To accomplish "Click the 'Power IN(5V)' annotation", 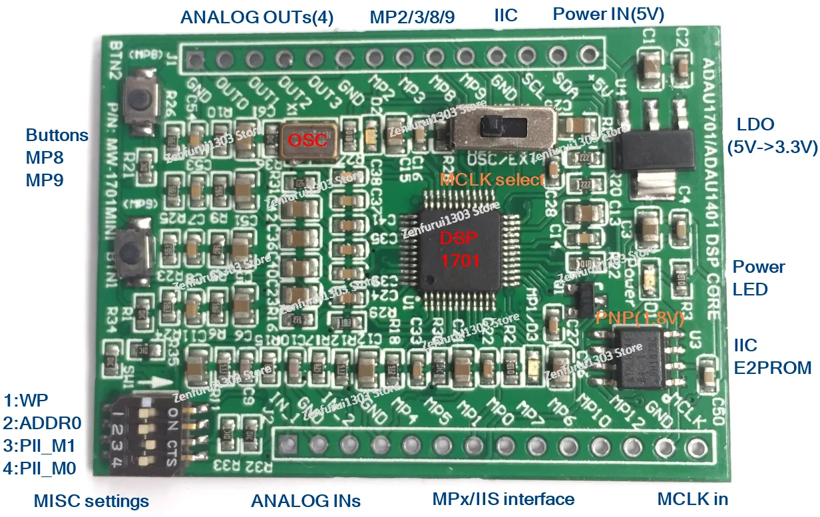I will click(x=608, y=14).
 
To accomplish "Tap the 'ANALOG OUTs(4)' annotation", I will click(x=257, y=16).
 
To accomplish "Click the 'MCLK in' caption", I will click(x=692, y=498).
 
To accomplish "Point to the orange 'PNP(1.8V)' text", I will click(x=640, y=318).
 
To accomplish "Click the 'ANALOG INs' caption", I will click(x=306, y=500).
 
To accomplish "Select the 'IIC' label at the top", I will click(x=506, y=15).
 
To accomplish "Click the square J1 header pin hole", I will click(x=195, y=60).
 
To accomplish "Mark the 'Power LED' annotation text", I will click(x=758, y=278).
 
